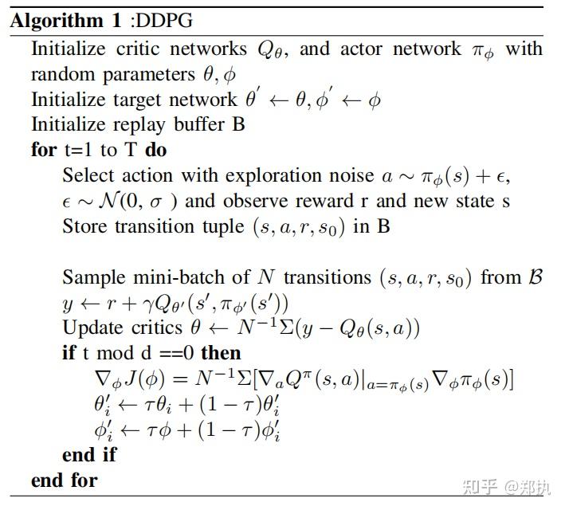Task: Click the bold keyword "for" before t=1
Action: point(44,150)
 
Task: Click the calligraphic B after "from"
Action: point(536,277)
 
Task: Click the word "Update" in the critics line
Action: point(92,328)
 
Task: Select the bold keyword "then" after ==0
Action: point(221,352)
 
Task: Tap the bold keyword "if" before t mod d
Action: point(69,352)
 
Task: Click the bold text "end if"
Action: point(89,454)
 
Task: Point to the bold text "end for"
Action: point(65,480)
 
